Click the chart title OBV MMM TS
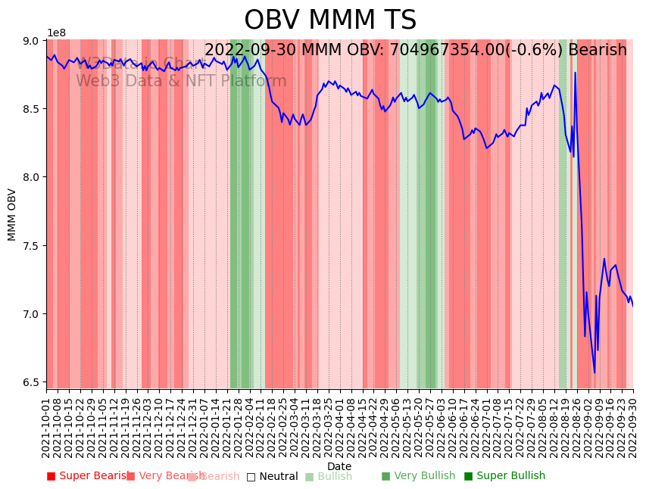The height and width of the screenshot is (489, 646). (330, 20)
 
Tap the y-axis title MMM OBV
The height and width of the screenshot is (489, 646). (12, 214)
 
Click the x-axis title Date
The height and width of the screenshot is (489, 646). (339, 467)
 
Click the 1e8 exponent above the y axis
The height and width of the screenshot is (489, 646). (57, 33)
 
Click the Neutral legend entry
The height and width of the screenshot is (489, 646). (272, 477)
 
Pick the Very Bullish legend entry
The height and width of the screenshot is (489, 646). (418, 476)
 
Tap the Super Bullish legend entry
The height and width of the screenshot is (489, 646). (504, 476)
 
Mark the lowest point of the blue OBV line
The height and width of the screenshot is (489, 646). (595, 372)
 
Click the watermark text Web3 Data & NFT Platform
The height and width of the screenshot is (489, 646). (181, 82)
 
